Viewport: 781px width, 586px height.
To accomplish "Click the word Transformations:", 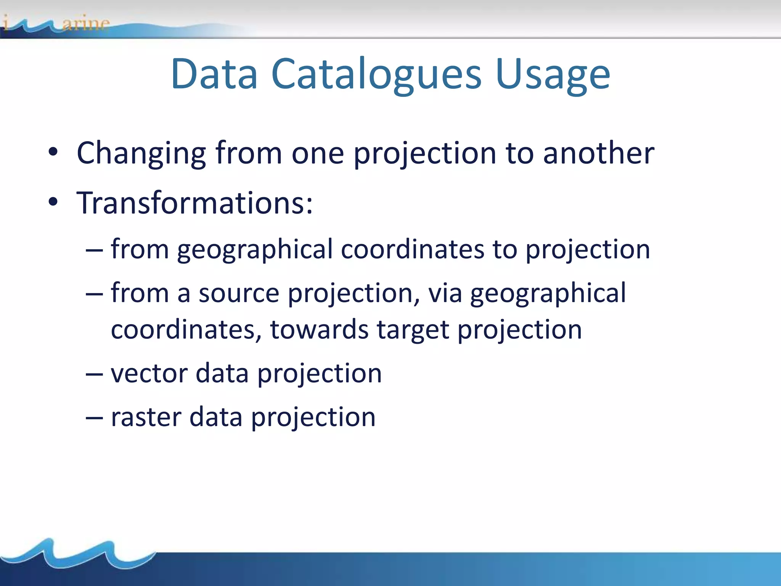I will [194, 203].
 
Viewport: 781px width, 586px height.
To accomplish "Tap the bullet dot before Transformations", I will [53, 202].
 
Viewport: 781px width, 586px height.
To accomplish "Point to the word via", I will [445, 293].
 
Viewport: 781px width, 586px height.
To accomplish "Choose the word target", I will [413, 330].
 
